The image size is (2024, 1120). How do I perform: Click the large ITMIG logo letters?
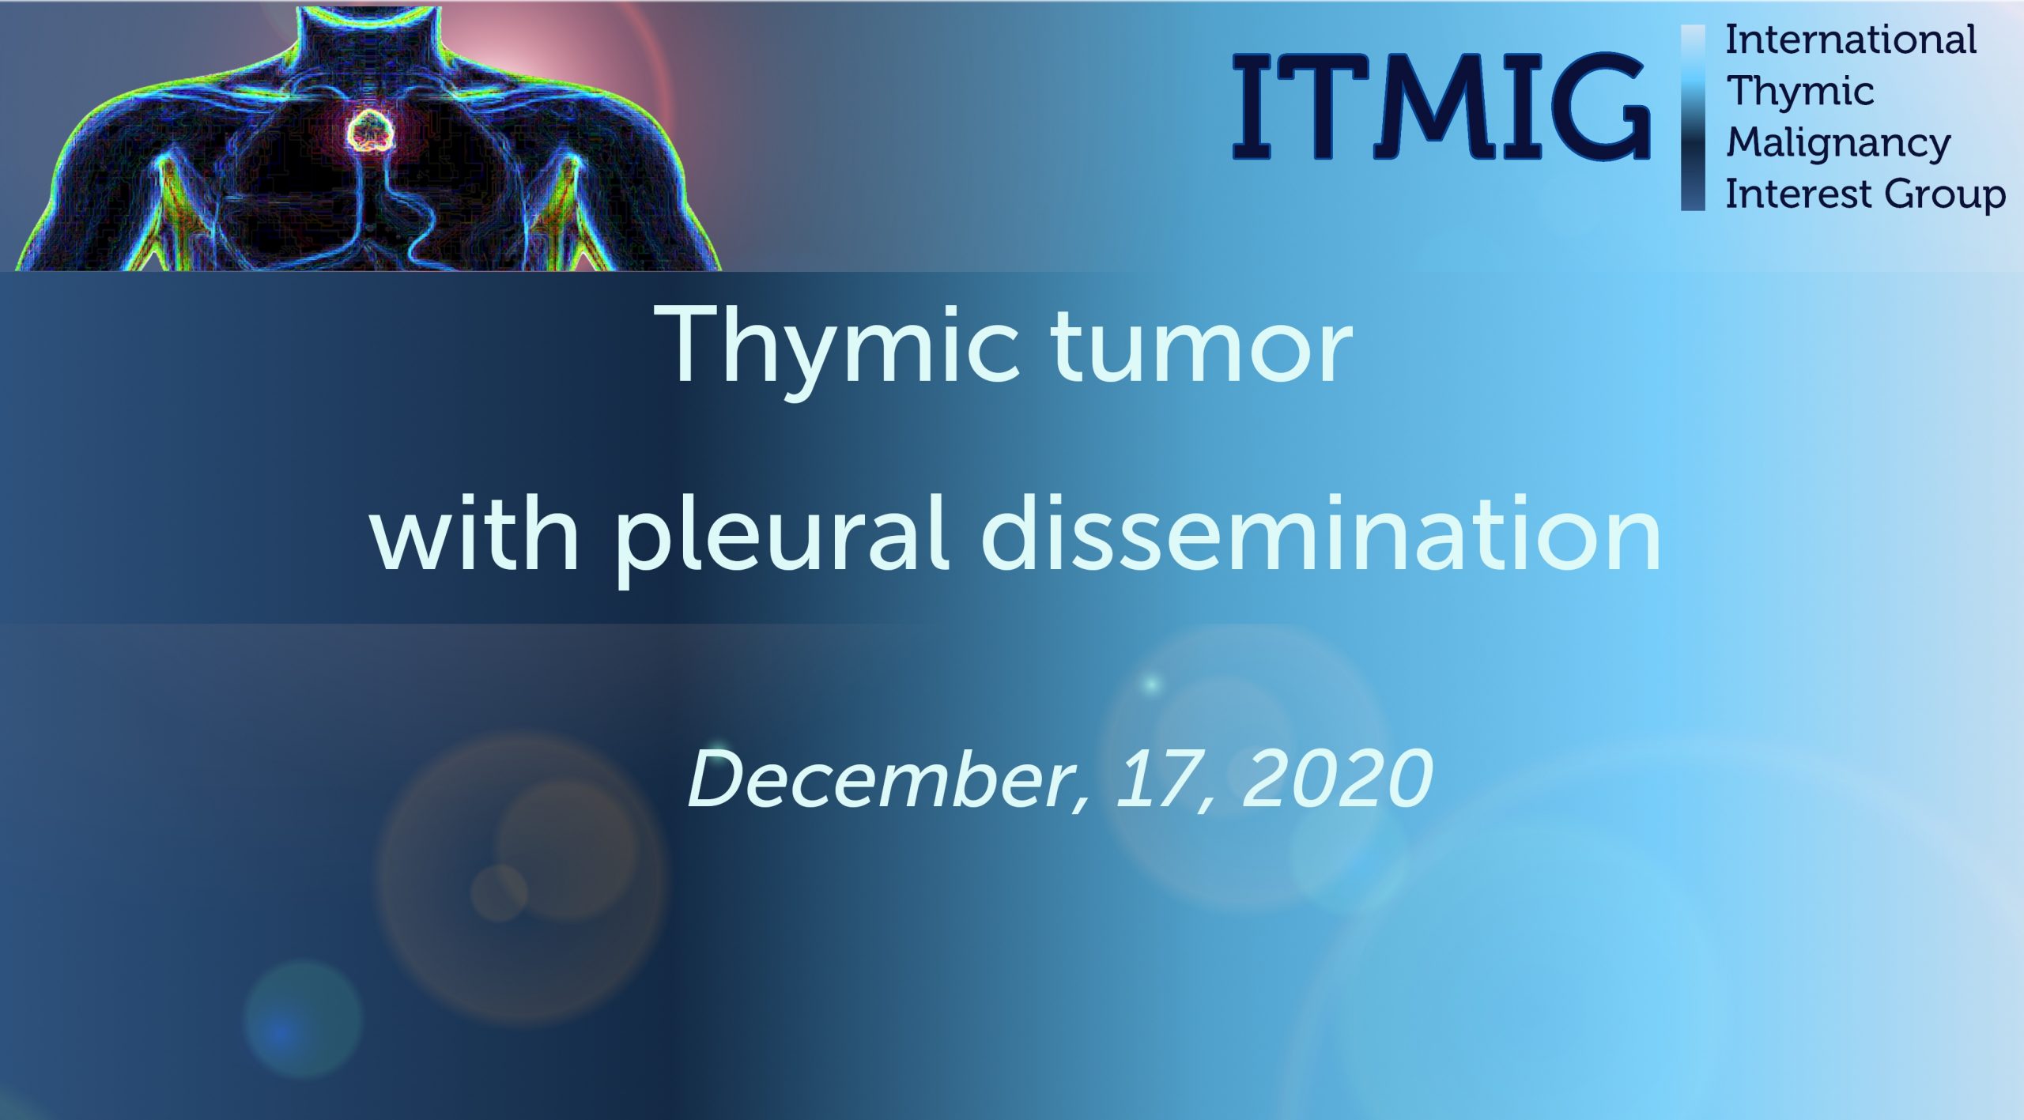pos(1441,106)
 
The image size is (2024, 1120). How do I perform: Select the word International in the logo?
pos(1850,40)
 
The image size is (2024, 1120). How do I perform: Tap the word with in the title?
pos(475,532)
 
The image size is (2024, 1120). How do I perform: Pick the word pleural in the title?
pos(781,538)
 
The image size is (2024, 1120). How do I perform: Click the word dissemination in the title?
pos(1320,532)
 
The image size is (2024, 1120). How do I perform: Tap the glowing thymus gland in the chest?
pos(371,131)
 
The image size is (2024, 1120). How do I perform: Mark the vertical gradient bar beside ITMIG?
pos(1692,118)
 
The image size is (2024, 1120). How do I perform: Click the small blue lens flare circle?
pos(303,1019)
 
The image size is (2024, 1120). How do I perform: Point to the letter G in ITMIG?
pos(1597,106)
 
